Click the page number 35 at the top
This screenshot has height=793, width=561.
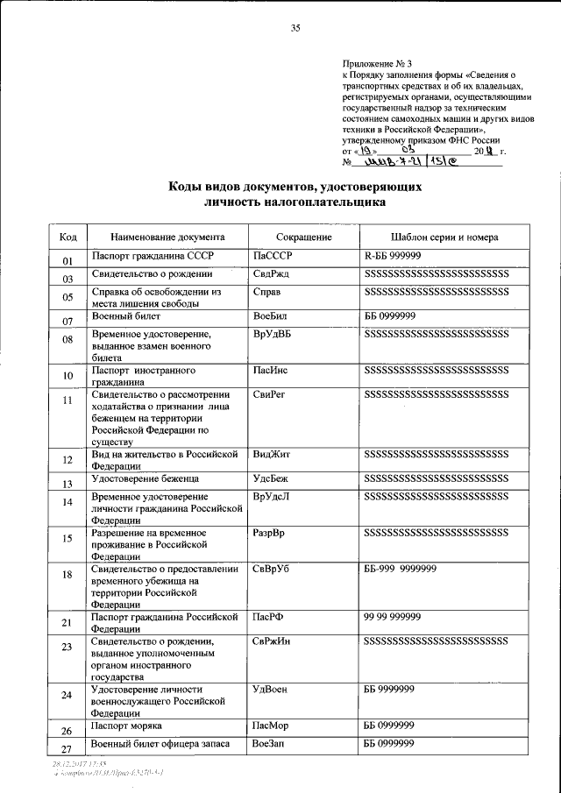[295, 29]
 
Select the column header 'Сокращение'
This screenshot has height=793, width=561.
[303, 237]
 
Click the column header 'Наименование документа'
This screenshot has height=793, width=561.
[167, 237]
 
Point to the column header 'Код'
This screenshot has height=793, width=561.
[67, 237]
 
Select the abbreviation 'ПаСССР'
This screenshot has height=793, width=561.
[272, 256]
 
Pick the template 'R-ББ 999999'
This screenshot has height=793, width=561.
[393, 256]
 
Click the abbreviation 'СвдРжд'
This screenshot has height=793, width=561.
[271, 274]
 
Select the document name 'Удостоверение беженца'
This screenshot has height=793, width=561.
[145, 479]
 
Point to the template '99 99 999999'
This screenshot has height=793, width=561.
[393, 620]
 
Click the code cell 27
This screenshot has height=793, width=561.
[67, 749]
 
